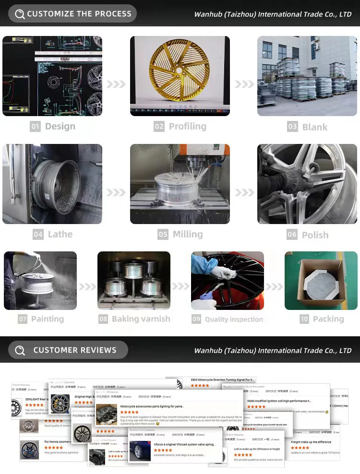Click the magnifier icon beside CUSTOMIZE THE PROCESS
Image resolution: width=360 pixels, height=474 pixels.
pyautogui.click(x=20, y=14)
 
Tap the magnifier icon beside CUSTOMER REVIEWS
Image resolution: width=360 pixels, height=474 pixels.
pyautogui.click(x=20, y=351)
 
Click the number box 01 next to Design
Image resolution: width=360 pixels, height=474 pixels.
pyautogui.click(x=35, y=127)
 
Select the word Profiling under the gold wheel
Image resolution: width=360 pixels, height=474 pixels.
pyautogui.click(x=187, y=127)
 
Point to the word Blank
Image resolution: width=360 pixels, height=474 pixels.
pyautogui.click(x=315, y=127)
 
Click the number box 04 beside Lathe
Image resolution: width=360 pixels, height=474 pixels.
pyautogui.click(x=38, y=235)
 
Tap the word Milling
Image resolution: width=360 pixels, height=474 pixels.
pyautogui.click(x=187, y=235)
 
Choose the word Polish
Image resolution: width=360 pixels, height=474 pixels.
pyautogui.click(x=315, y=235)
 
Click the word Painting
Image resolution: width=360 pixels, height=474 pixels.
pyautogui.click(x=48, y=319)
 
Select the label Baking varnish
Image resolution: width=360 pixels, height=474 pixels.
pyautogui.click(x=141, y=319)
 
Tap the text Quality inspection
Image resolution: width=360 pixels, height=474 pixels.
pyautogui.click(x=234, y=320)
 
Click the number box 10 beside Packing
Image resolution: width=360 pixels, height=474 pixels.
pyautogui.click(x=304, y=319)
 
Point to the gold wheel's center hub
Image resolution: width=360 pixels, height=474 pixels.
pyautogui.click(x=179, y=71)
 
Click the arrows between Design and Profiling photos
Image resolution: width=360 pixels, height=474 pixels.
pyautogui.click(x=116, y=84)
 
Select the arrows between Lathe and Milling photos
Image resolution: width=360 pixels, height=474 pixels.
pyautogui.click(x=116, y=192)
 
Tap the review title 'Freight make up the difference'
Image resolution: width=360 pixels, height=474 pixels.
pyautogui.click(x=311, y=442)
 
